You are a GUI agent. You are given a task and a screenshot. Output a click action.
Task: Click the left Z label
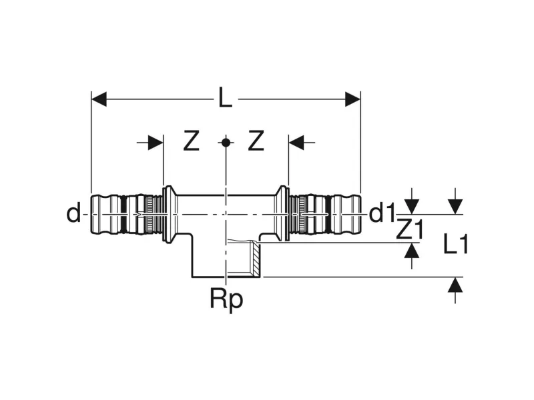click(x=192, y=141)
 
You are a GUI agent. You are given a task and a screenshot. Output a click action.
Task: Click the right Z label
click(x=257, y=141)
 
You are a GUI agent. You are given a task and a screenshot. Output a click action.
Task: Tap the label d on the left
click(x=73, y=213)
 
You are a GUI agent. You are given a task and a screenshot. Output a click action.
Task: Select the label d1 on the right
click(x=382, y=213)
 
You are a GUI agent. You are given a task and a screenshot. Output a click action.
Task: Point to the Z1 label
click(x=409, y=230)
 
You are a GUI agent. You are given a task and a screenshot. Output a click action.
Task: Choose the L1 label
click(x=457, y=245)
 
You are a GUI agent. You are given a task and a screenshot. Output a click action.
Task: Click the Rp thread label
click(x=226, y=299)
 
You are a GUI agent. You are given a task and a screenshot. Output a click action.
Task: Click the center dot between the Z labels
click(x=226, y=142)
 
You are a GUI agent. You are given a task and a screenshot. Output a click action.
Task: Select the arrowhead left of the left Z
click(x=156, y=142)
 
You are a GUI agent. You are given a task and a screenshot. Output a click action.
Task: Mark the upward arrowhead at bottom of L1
click(x=455, y=285)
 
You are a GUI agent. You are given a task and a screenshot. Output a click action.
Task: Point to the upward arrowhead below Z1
click(x=413, y=251)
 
